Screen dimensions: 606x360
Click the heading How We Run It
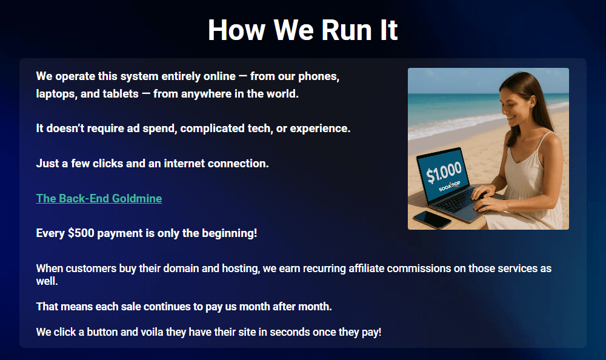tap(302, 30)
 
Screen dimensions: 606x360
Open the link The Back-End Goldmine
tap(99, 198)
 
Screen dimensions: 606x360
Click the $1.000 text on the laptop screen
tap(444, 172)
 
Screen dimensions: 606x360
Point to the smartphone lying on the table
tap(431, 219)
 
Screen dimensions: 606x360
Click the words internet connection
tap(216, 163)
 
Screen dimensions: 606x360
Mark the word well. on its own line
tap(47, 281)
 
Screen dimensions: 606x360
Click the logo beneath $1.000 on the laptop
tap(450, 187)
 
